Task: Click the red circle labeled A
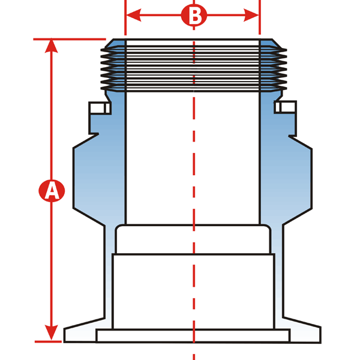tap(52, 191)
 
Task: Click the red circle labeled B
tap(194, 15)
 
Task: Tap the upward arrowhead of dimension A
tap(51, 47)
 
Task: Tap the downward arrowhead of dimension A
tap(51, 332)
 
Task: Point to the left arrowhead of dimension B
tap(134, 15)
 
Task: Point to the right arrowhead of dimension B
tap(251, 15)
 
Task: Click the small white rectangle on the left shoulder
tap(100, 108)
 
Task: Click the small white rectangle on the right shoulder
tap(286, 107)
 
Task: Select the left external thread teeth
tap(113, 68)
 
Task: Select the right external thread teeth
tap(274, 68)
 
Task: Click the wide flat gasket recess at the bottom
tap(193, 335)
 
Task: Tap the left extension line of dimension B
tap(125, 17)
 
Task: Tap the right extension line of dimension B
tap(260, 17)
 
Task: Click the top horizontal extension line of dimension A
tap(70, 39)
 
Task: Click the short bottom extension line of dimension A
tap(48, 341)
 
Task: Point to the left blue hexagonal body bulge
tap(88, 179)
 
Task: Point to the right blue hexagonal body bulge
tap(298, 179)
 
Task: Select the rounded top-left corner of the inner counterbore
tap(118, 227)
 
